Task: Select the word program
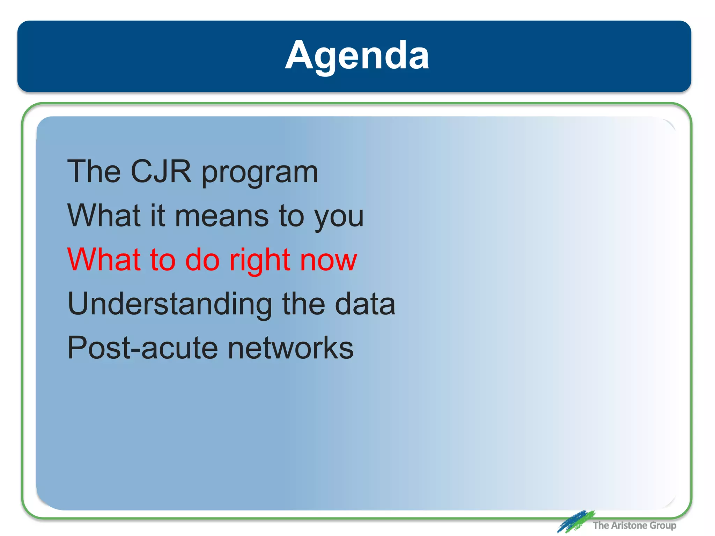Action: tap(260, 173)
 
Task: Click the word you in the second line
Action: tap(339, 217)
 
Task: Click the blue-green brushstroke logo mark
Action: tap(575, 522)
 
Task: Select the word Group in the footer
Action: tap(663, 526)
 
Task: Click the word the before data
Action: tap(303, 304)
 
